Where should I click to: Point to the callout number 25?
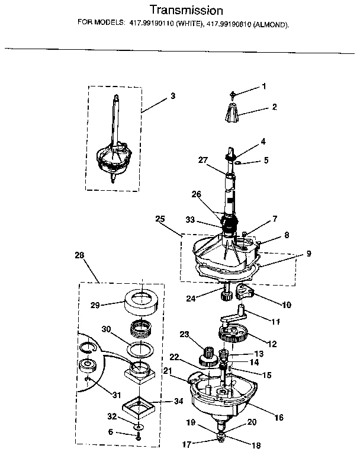coord(159,219)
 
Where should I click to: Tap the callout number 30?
coord(106,329)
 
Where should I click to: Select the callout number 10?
coord(286,306)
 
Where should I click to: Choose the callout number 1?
coord(263,86)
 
